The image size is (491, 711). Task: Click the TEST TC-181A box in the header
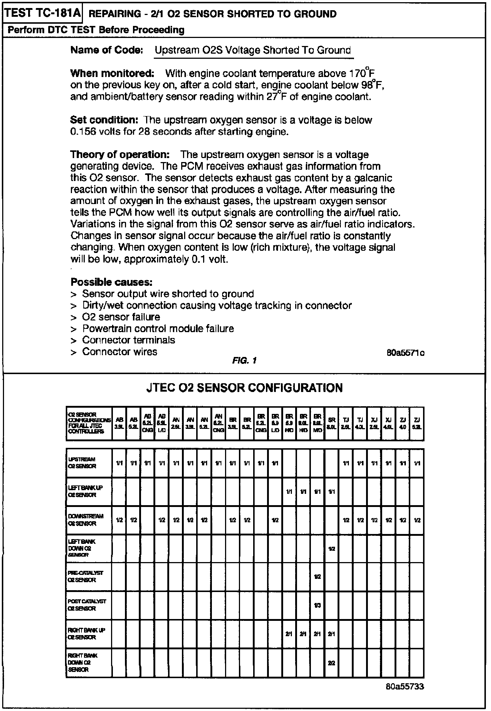click(43, 14)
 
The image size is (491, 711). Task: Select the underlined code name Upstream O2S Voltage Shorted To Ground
click(253, 50)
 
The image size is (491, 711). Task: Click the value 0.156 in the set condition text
click(83, 132)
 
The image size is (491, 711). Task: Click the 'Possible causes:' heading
click(111, 282)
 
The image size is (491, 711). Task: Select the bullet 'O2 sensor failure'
click(121, 317)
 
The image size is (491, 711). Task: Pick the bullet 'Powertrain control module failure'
click(158, 328)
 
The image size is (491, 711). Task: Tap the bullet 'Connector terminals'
click(129, 340)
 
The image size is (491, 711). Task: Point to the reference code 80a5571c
click(406, 353)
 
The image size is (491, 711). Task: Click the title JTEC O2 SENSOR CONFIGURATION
click(244, 388)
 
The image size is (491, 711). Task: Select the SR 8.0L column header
click(331, 423)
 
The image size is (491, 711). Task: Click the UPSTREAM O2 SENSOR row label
click(82, 463)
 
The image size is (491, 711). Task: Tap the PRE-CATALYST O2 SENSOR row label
click(85, 576)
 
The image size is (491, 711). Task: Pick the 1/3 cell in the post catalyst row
click(317, 606)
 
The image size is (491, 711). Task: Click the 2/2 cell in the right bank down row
click(331, 663)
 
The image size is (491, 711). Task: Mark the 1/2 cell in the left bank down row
click(331, 549)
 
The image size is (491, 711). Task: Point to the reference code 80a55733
click(405, 687)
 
